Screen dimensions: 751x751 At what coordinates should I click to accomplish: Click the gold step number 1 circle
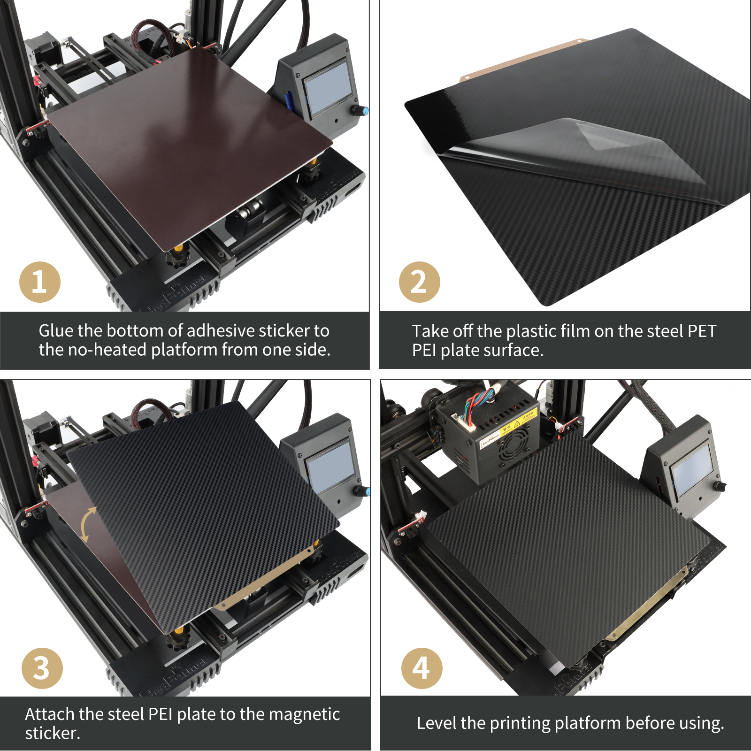[40, 282]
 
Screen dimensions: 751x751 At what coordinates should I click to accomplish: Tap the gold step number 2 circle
[420, 282]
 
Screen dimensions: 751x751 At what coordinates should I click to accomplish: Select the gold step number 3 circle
[42, 668]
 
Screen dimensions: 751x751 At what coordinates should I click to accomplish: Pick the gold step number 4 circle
[421, 668]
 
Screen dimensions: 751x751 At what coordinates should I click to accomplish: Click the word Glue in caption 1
[56, 331]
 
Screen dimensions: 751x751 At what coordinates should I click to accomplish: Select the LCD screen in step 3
[330, 466]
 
